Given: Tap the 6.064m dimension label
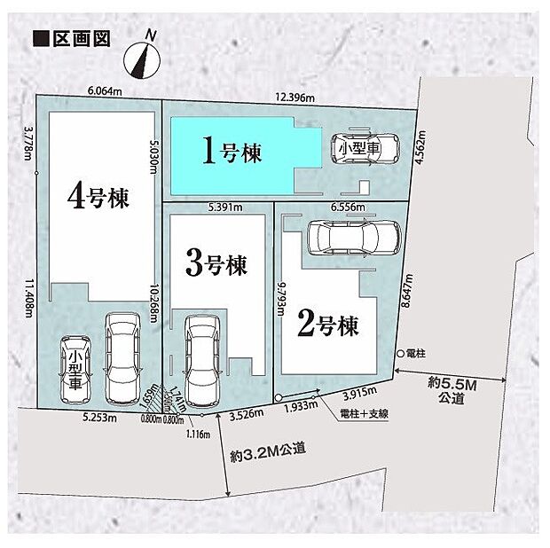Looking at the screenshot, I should point(105,90).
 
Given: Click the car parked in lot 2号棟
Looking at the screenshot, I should point(353,237).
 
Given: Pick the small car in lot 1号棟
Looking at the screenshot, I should point(366,150).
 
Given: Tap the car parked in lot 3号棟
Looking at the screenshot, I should point(202,358).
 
